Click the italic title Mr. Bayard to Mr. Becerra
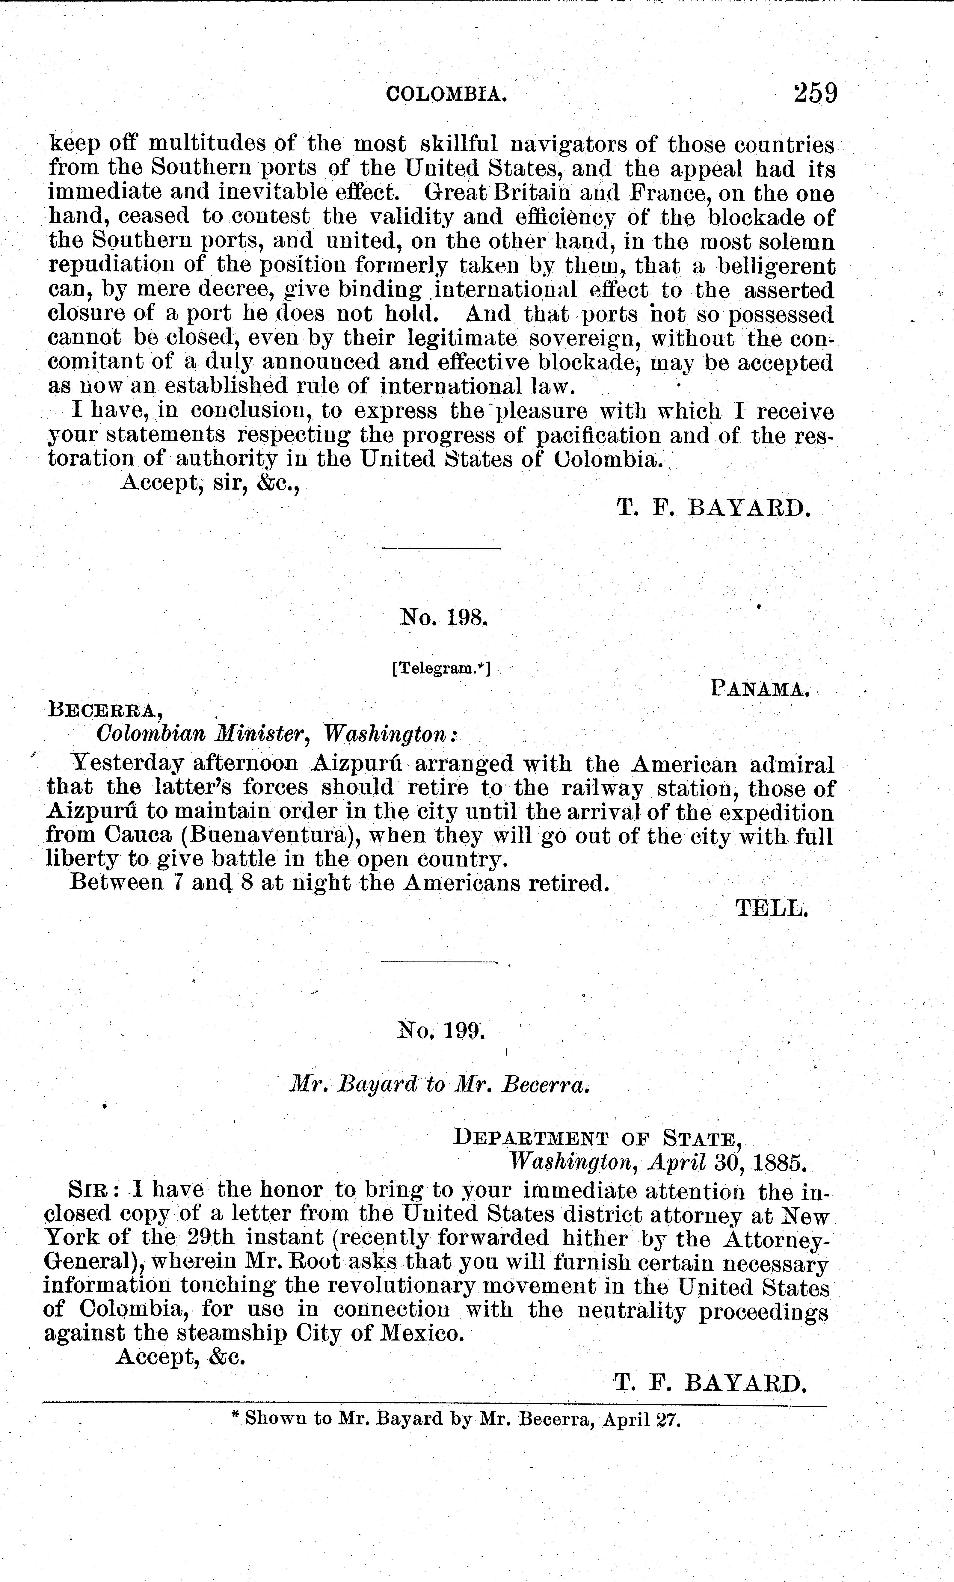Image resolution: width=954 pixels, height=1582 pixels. coord(440,1084)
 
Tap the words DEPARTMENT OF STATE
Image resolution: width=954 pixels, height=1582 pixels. coord(597,1138)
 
